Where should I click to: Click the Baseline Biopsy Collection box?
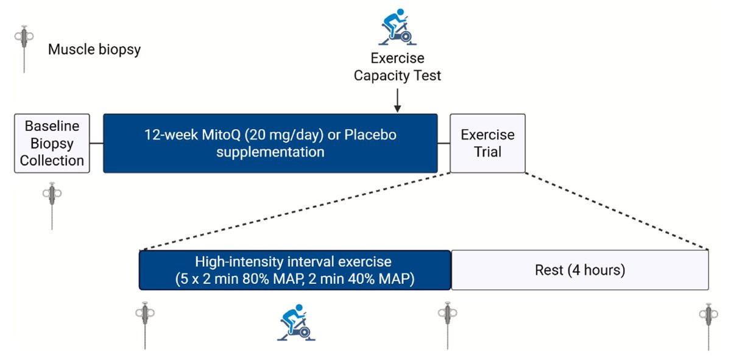52,143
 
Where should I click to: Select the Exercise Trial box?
487,143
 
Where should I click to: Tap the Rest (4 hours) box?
579,270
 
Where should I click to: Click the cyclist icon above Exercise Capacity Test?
397,26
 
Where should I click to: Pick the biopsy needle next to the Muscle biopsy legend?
24,48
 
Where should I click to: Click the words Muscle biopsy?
94,49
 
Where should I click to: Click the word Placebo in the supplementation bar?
371,135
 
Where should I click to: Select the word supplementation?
270,152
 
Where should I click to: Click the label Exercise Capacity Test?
397,68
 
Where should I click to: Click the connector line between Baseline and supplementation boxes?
96,143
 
